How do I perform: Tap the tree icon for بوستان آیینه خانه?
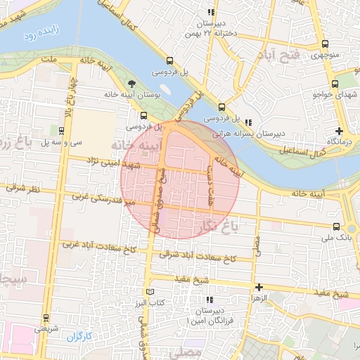tap(134, 82)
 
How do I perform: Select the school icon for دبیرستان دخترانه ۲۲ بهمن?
tap(210, 12)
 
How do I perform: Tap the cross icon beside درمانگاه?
tap(340, 131)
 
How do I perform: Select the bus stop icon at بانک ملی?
tap(336, 226)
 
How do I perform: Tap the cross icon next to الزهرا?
tap(259, 287)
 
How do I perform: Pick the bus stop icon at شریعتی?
tap(46, 317)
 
